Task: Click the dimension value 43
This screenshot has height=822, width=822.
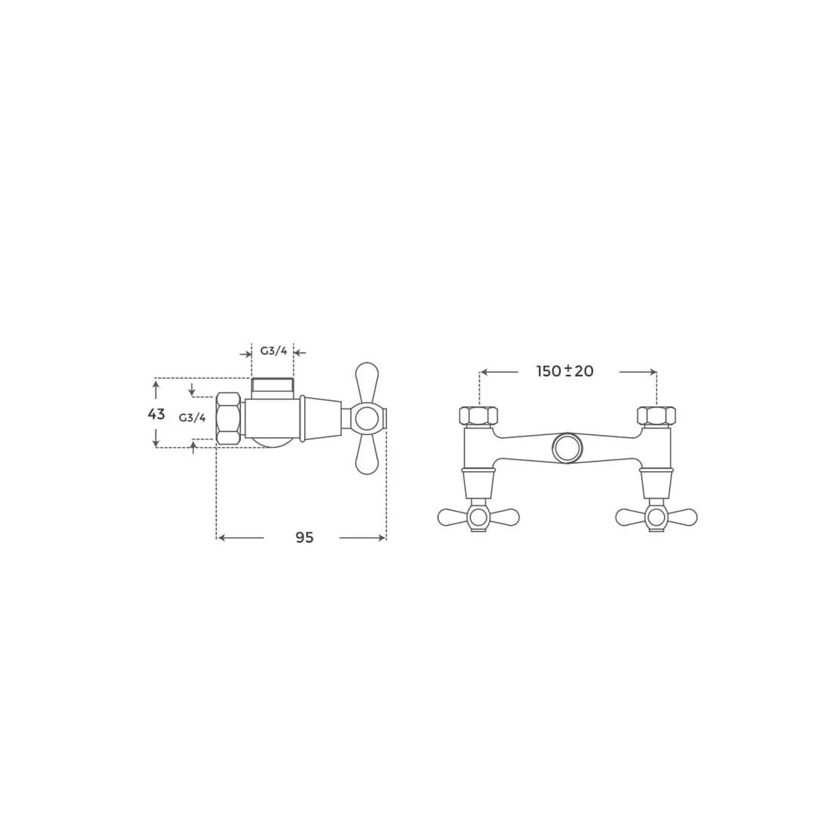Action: pos(156,414)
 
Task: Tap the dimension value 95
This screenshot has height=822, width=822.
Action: pos(305,538)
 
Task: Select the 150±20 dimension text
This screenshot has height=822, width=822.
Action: pos(564,371)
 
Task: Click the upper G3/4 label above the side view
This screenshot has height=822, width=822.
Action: pos(273,351)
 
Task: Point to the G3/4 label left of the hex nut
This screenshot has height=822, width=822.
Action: pos(192,418)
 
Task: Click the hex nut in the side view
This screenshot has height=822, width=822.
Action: pos(229,419)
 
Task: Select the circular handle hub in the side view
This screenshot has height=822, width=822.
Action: pos(367,419)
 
